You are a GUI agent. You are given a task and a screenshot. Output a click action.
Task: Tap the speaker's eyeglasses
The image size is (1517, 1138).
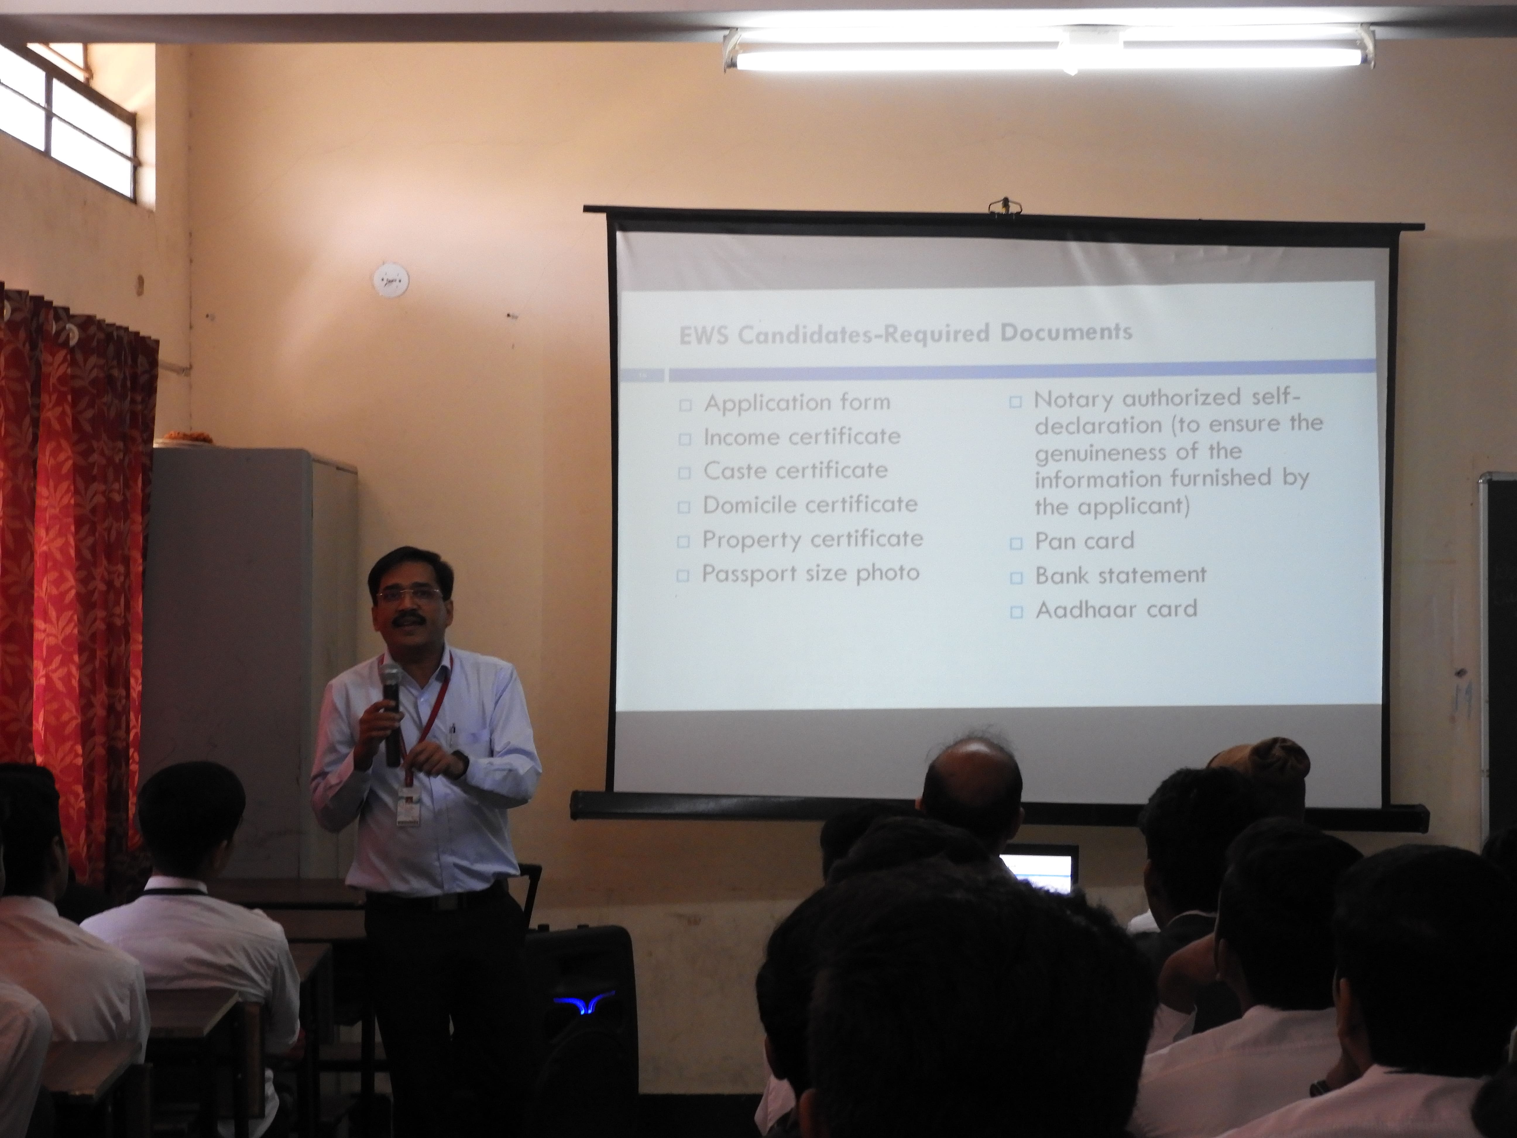click(409, 594)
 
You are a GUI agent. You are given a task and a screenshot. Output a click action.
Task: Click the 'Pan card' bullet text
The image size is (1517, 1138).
click(1084, 541)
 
